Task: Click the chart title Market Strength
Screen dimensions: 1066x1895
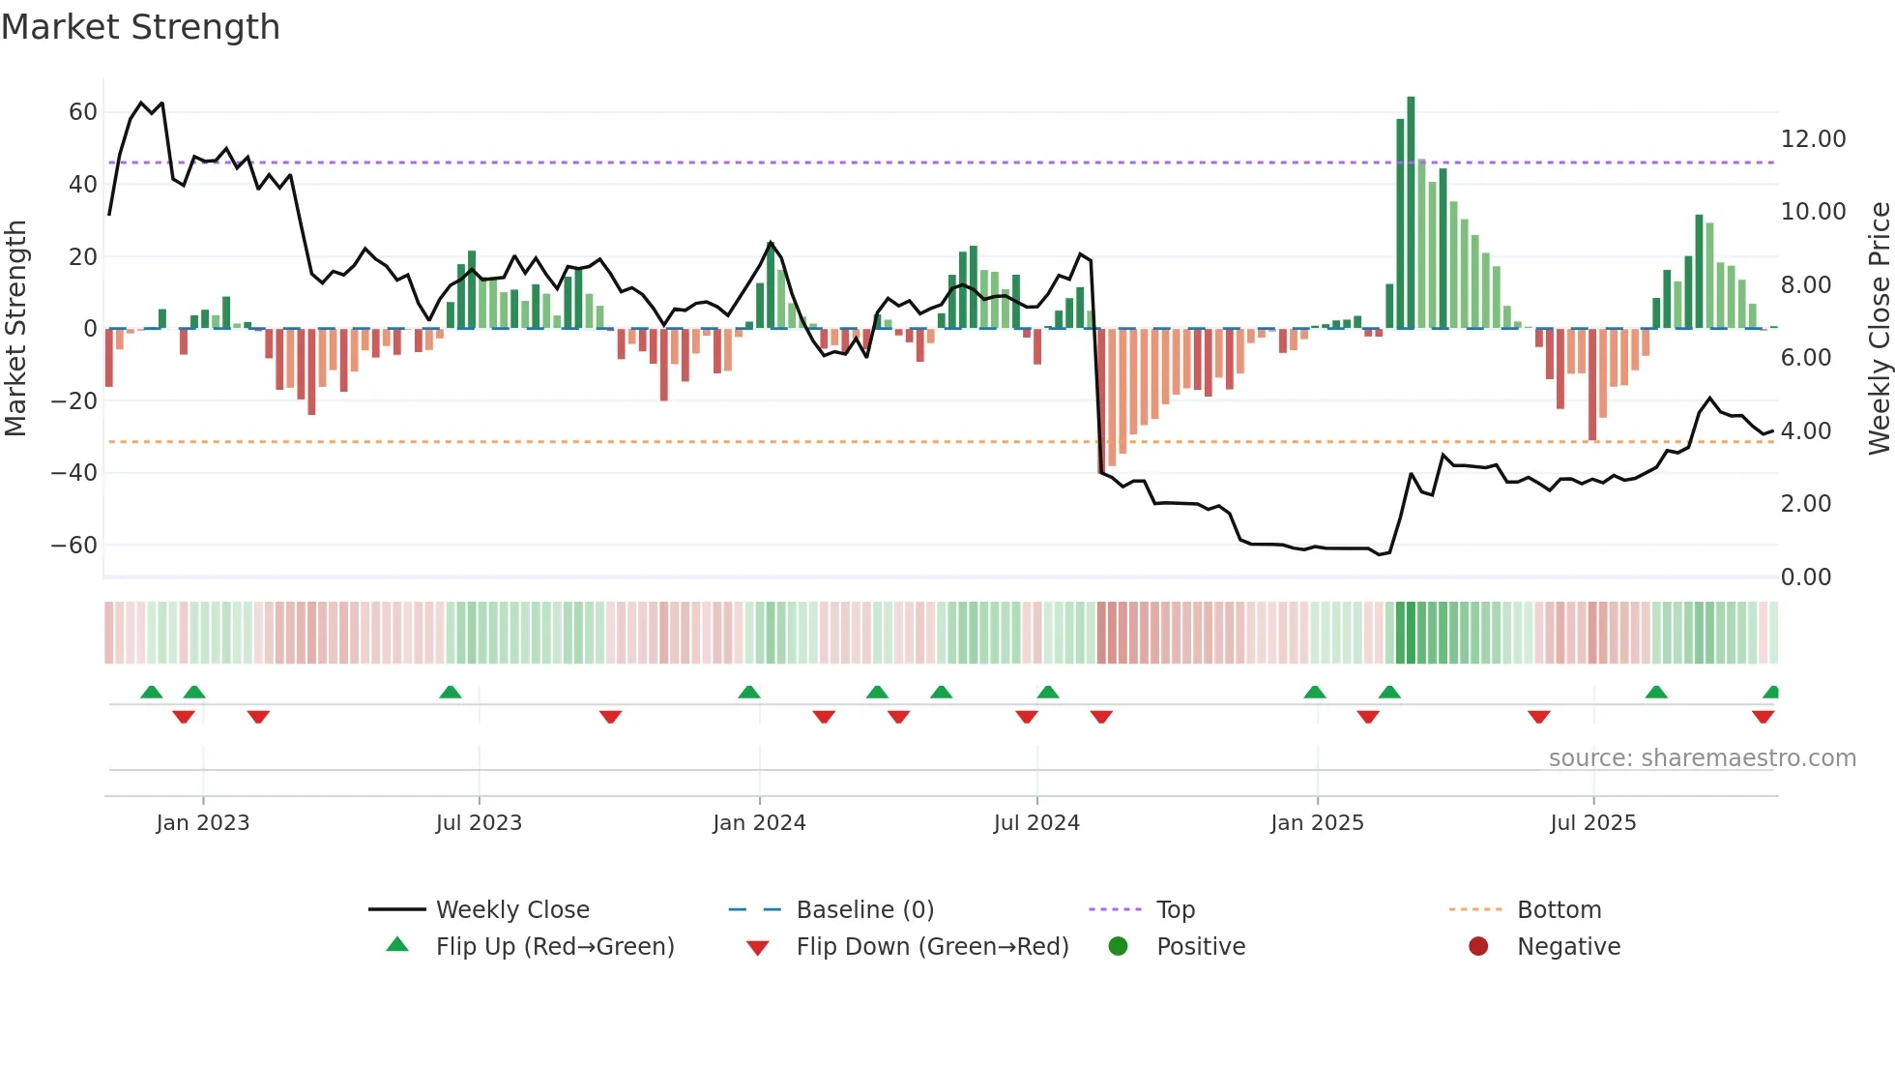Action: click(140, 27)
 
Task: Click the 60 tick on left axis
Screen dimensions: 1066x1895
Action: click(83, 112)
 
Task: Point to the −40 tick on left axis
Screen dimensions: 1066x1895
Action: click(74, 473)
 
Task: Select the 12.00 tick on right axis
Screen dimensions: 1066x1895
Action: click(1813, 139)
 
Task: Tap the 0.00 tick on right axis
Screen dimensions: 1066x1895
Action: click(1805, 577)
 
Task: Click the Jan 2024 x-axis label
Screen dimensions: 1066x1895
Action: click(759, 823)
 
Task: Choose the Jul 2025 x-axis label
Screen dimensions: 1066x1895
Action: click(1592, 823)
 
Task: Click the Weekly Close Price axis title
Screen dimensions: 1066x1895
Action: click(1879, 329)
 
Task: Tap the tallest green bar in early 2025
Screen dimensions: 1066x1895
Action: click(1411, 213)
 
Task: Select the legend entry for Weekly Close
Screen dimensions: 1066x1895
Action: click(511, 910)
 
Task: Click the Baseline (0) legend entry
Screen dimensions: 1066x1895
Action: click(864, 910)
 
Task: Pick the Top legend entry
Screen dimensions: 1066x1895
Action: click(1175, 910)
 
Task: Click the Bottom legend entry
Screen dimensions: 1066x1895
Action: click(1559, 910)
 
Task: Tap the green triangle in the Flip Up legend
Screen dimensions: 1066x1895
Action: click(397, 945)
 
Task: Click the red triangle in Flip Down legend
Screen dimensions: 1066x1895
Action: click(758, 948)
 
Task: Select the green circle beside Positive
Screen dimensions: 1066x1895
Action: click(1118, 946)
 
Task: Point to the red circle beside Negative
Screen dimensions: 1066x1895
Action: click(1477, 946)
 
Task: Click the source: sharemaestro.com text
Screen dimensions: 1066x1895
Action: click(1702, 758)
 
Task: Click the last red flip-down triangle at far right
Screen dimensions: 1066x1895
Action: click(1763, 717)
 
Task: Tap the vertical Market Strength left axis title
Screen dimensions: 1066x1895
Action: click(16, 329)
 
